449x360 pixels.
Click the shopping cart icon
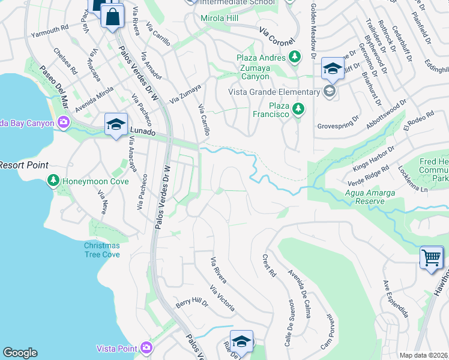(431, 258)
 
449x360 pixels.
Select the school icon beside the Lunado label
(116, 124)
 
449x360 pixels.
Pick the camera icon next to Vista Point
(146, 348)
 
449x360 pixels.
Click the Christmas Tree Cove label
(101, 250)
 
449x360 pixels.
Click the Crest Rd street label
(268, 265)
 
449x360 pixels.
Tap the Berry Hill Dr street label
(191, 304)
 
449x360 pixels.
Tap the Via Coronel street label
(277, 37)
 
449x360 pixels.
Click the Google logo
(20, 353)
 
